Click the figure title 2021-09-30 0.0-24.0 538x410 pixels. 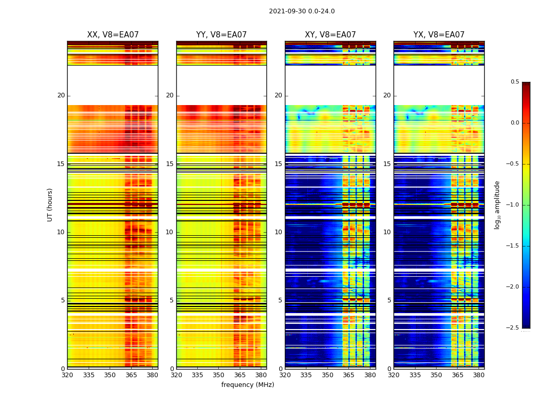coord(302,11)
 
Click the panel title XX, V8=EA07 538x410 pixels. coord(113,35)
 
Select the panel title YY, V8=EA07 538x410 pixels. coord(221,35)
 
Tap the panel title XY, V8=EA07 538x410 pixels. coord(330,35)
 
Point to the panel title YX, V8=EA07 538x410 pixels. coord(439,35)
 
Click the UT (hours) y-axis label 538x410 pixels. coord(50,204)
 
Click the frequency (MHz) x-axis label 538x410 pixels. coord(247,385)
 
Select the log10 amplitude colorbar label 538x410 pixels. coord(497,204)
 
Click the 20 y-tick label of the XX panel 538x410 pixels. coord(61,95)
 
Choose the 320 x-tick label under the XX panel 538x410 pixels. coord(67,375)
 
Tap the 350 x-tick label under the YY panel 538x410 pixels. coord(218,375)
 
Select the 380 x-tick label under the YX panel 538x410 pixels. coord(479,375)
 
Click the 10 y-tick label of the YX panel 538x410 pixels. coord(387,232)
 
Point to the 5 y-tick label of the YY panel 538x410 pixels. coord(172,300)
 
